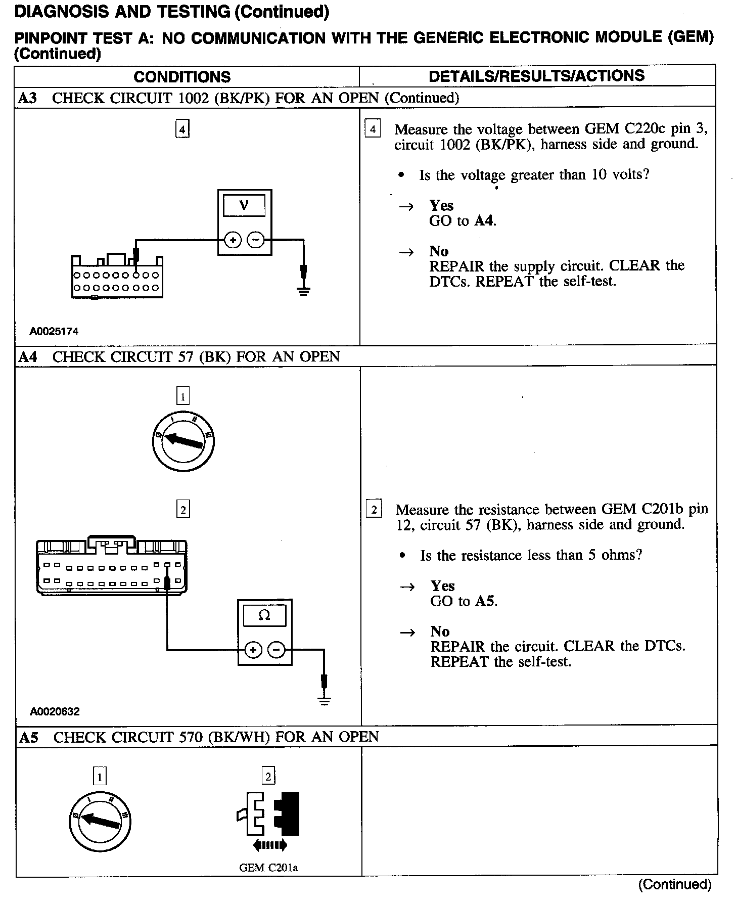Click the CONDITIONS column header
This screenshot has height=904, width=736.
pyautogui.click(x=182, y=77)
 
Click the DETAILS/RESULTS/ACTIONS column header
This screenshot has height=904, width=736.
pyautogui.click(x=536, y=76)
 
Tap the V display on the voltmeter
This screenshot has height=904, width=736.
pyautogui.click(x=244, y=205)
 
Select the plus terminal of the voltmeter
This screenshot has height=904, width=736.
pyautogui.click(x=233, y=240)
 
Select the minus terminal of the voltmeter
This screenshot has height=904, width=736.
pyautogui.click(x=257, y=240)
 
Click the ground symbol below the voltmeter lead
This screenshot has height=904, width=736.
pyautogui.click(x=303, y=290)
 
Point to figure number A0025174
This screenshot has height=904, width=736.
pyautogui.click(x=54, y=332)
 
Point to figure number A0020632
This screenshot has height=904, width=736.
pyautogui.click(x=55, y=711)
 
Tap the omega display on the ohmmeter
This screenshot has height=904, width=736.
pyautogui.click(x=264, y=615)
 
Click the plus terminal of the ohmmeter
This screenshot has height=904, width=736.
pyautogui.click(x=253, y=650)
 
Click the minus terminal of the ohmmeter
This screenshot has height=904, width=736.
pyautogui.click(x=277, y=650)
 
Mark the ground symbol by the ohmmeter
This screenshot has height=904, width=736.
pyautogui.click(x=325, y=700)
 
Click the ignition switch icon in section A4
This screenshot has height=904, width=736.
pyautogui.click(x=183, y=441)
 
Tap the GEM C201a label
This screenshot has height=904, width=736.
pyautogui.click(x=268, y=868)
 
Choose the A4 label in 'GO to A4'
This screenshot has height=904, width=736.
pyautogui.click(x=484, y=221)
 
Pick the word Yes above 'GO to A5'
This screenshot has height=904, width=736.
pyautogui.click(x=442, y=586)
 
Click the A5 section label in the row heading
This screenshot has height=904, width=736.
pyautogui.click(x=28, y=737)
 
